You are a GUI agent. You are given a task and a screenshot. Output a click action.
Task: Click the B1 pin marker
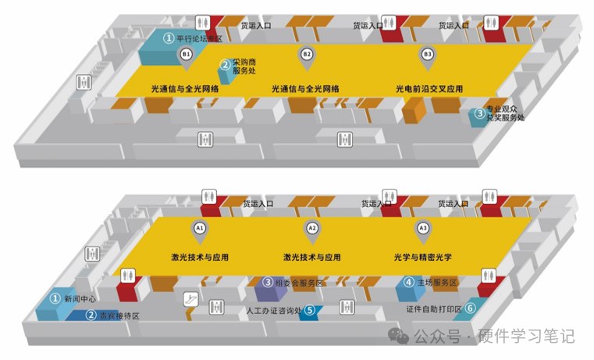pos(186,55)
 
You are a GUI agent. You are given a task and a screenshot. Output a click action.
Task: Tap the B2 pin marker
pos(307,55)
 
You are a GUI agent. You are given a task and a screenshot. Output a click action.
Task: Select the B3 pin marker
pos(427,55)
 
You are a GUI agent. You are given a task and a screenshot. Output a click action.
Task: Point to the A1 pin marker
pos(200,229)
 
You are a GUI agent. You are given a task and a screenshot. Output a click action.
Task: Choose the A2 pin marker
pos(312,229)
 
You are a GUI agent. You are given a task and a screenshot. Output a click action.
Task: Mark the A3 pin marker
pos(423,229)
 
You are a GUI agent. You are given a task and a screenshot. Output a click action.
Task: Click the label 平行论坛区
pos(200,37)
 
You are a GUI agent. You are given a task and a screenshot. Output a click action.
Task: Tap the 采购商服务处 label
pos(244,66)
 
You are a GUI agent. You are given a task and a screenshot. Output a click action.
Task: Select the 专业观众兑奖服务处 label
pos(505,113)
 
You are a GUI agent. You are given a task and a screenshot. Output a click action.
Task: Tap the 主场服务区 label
pos(437,282)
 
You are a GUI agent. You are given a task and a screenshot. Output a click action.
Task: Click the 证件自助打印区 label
pos(434,308)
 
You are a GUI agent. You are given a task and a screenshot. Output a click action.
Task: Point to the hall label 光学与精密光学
pos(423,257)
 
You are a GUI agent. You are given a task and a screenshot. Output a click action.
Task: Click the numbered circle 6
pos(471,308)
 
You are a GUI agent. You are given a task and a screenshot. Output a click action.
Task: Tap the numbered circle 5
pos(310,311)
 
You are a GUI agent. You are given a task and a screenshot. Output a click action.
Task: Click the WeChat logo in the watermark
pos(400,337)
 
